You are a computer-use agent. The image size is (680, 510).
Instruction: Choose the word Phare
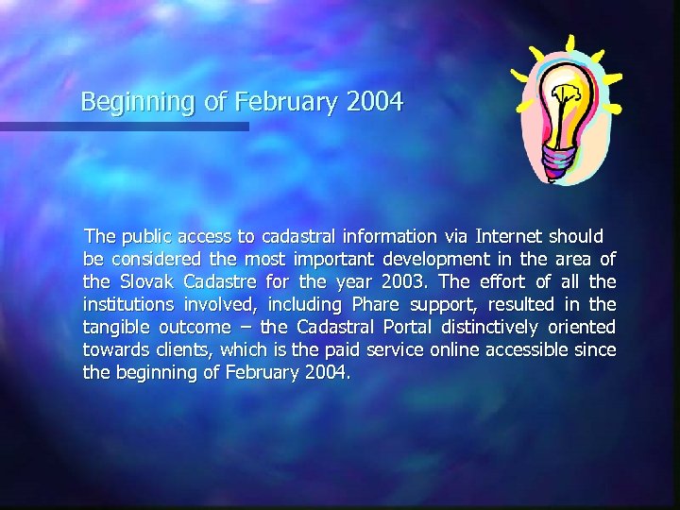[x=375, y=304]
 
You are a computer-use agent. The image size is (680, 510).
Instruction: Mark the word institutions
[x=127, y=304]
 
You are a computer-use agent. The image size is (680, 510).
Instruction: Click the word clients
[x=182, y=349]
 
